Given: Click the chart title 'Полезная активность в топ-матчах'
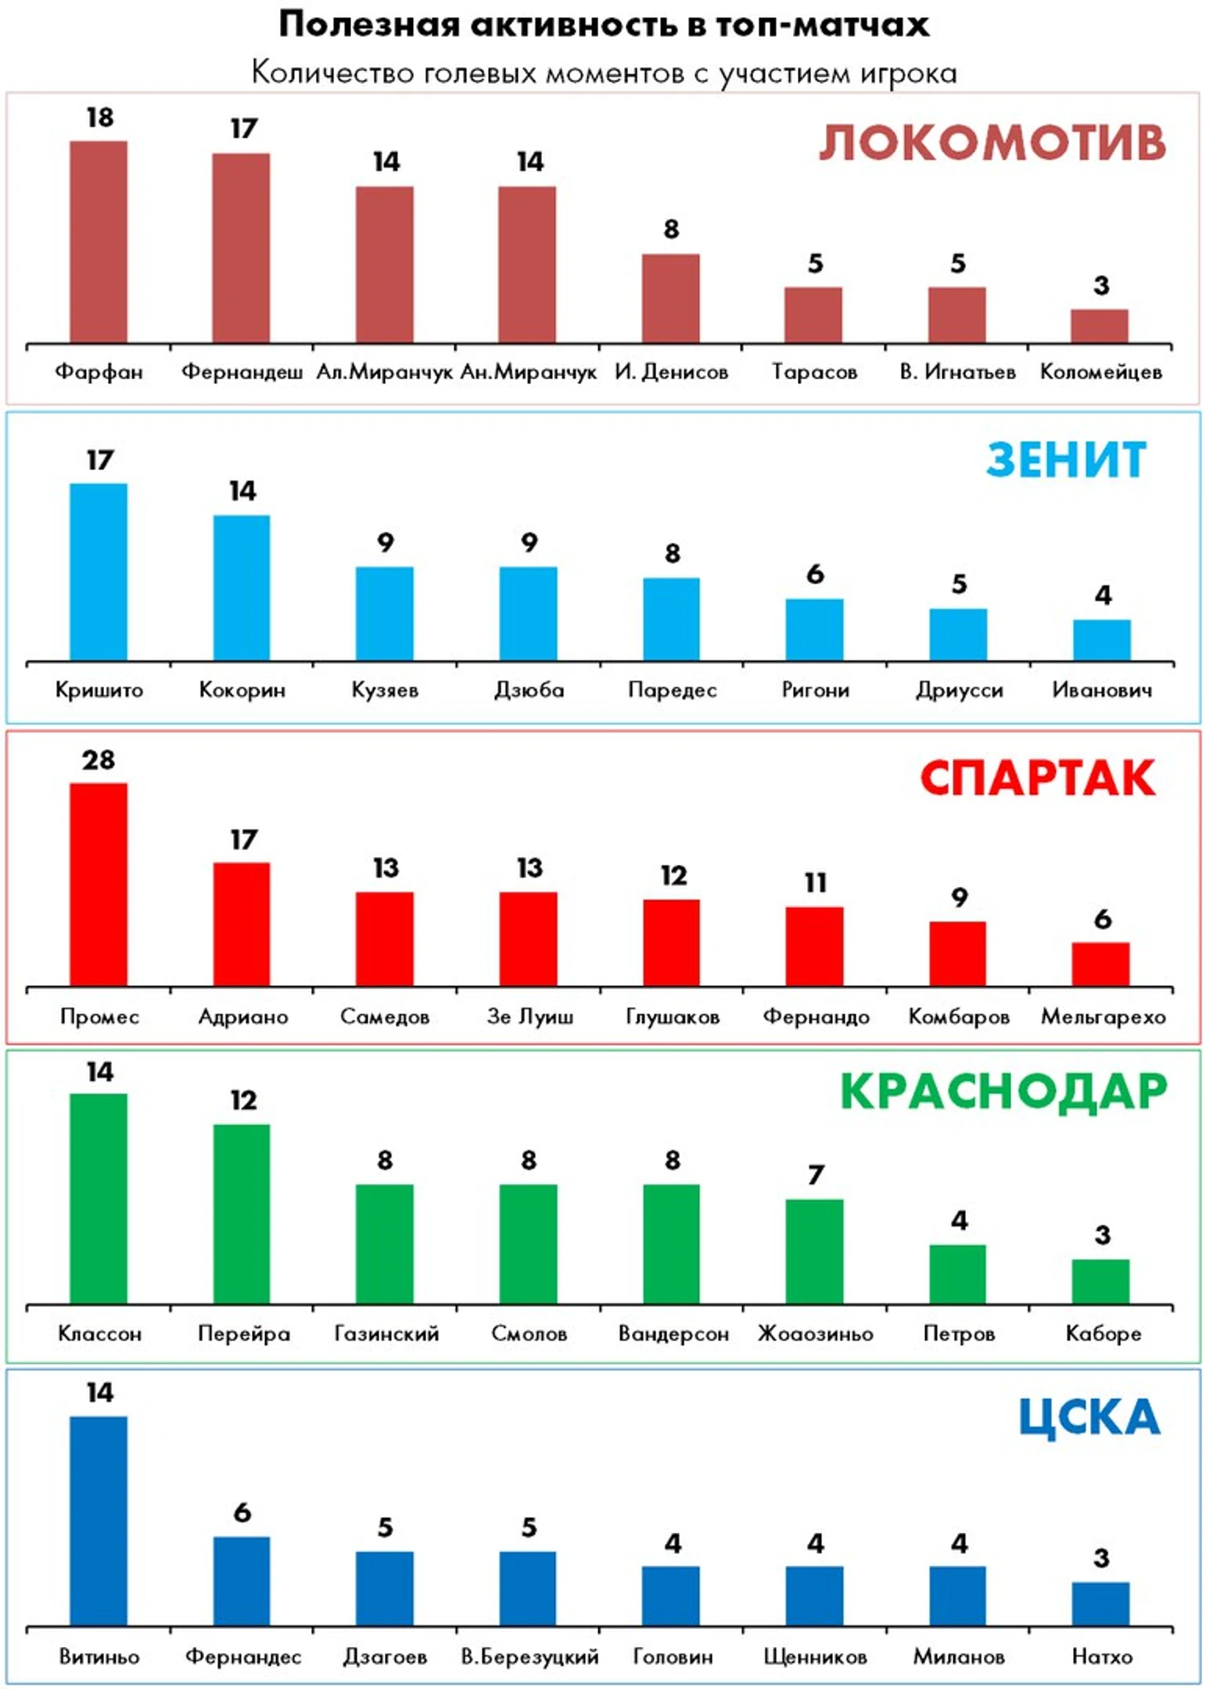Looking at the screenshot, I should (603, 25).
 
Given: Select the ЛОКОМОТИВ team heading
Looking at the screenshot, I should (992, 142).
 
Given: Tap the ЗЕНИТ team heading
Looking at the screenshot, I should (1066, 460).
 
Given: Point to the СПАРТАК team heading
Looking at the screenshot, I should (1037, 778).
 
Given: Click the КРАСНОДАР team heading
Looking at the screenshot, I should (1004, 1091).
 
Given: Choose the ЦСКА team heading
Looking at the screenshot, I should (1089, 1416).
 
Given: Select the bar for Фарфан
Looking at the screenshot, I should (98, 242).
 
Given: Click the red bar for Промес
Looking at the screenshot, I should (98, 885).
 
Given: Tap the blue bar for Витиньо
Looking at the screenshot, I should (98, 1521).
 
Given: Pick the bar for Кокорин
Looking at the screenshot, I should (242, 588).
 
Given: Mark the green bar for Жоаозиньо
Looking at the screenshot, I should (814, 1251).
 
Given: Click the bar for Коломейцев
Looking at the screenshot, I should (1099, 326).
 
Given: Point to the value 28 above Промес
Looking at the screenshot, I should (98, 760).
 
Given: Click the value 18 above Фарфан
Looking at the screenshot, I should (100, 118).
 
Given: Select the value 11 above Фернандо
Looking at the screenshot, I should (815, 883).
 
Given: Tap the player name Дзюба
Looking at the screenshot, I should (529, 690).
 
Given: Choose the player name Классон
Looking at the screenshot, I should (99, 1333).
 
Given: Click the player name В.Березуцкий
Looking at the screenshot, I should (529, 1656).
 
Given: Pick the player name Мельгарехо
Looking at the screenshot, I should (1103, 1017).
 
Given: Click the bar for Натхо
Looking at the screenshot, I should (1101, 1603).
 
